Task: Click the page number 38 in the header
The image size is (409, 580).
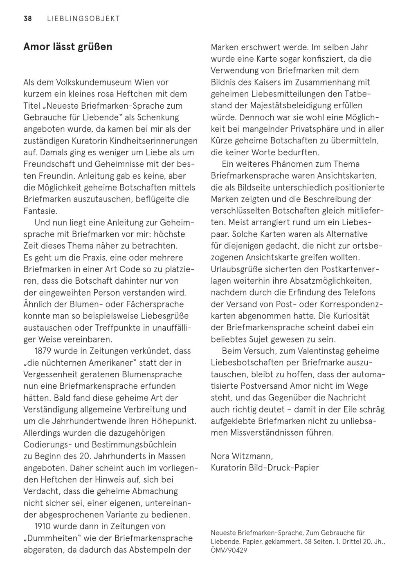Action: click(28, 18)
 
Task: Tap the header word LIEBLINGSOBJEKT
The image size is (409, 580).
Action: click(83, 18)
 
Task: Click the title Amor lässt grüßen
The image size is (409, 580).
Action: click(68, 47)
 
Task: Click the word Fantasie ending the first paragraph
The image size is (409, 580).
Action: click(40, 211)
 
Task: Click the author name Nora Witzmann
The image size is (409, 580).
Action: click(241, 456)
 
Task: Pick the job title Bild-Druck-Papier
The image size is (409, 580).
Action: click(284, 468)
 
